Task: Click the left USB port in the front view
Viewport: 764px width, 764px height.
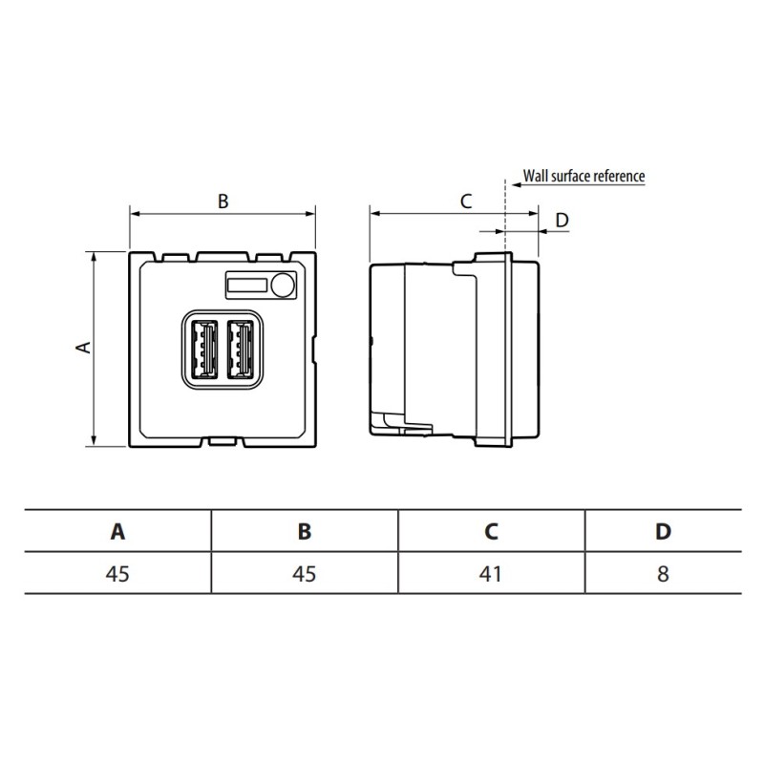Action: click(203, 349)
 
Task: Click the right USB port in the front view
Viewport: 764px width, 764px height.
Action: click(241, 349)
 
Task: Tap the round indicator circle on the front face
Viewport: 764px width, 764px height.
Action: click(283, 285)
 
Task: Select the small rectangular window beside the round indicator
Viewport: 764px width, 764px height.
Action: click(247, 285)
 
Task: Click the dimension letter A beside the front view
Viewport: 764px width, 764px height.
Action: click(84, 347)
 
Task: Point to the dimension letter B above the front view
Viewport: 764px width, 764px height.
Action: click(223, 202)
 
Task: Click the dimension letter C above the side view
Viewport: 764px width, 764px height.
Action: click(466, 202)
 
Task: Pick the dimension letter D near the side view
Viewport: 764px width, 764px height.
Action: click(562, 221)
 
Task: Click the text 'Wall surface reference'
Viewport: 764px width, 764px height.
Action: click(584, 176)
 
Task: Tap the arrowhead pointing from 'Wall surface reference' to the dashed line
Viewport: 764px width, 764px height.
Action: click(517, 184)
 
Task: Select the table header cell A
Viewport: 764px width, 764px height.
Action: click(117, 531)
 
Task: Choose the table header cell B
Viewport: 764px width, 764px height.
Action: click(305, 531)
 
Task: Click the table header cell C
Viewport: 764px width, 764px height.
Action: click(491, 531)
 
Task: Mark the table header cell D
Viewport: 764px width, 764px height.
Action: click(663, 531)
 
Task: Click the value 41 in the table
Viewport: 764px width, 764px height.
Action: click(490, 574)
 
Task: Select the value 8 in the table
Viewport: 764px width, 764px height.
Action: click(663, 574)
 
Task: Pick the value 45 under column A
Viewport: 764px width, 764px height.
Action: click(117, 574)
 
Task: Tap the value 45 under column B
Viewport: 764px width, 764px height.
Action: click(304, 574)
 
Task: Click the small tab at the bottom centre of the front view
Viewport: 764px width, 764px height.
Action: click(223, 441)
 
